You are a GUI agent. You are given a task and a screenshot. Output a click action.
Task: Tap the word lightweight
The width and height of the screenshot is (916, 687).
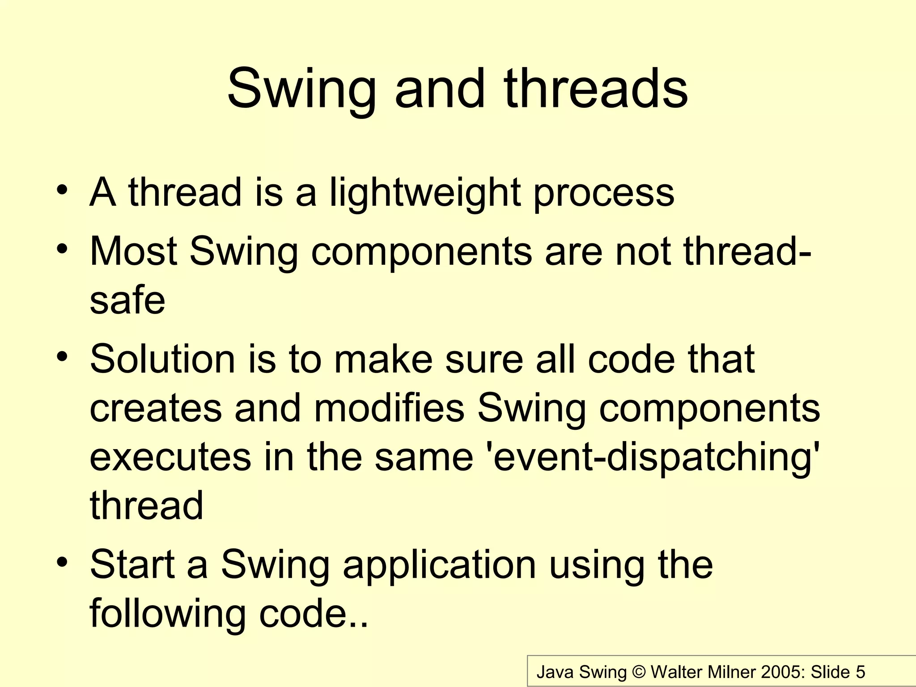coord(425,193)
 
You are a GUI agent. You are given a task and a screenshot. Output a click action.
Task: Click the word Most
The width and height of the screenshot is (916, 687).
coord(133,251)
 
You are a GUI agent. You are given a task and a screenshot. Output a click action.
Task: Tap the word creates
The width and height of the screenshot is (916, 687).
coord(156,409)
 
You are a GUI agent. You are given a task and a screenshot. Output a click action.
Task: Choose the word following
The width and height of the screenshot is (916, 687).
coord(168,614)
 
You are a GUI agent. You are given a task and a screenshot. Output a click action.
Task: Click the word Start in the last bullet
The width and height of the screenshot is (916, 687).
coord(132,564)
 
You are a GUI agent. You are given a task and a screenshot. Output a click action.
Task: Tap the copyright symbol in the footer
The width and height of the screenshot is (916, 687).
coord(638,672)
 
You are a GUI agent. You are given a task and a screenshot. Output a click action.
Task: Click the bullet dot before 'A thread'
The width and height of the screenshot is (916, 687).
coord(63,191)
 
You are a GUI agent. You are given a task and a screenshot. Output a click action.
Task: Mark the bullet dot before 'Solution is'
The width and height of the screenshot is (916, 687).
coord(63,357)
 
